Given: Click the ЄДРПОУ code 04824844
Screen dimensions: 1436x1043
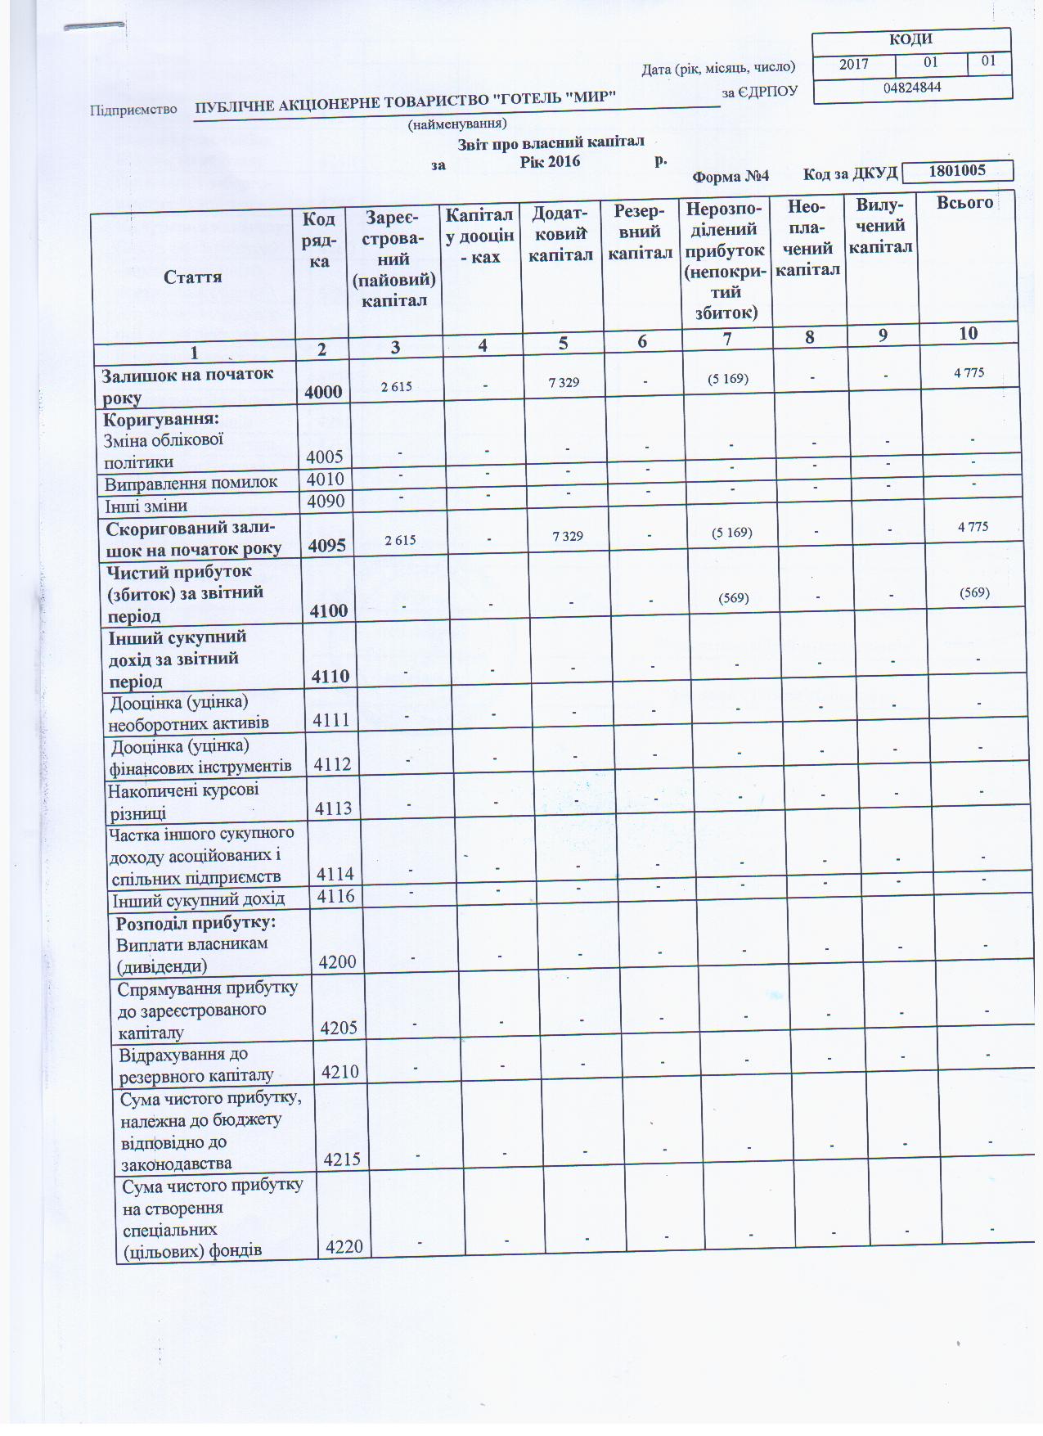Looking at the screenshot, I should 912,87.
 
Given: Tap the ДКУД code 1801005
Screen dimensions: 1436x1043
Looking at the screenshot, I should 958,170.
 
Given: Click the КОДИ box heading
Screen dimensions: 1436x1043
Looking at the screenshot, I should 910,39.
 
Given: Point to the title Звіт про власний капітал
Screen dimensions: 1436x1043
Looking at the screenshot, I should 551,142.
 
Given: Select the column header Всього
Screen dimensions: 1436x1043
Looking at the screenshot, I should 965,203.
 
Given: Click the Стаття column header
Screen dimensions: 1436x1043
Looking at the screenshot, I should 193,277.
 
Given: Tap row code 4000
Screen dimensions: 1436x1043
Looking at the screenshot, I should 323,392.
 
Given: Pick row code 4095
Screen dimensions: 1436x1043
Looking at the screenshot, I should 326,545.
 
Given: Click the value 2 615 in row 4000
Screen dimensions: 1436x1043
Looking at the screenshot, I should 397,386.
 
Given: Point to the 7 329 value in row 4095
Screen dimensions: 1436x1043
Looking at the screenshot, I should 568,536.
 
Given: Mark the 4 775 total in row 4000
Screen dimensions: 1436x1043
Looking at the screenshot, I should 969,372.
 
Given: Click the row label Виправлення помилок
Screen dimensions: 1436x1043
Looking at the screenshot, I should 191,482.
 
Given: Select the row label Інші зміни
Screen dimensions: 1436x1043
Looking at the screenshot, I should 146,506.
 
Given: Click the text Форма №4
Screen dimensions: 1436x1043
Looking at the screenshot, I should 731,176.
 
